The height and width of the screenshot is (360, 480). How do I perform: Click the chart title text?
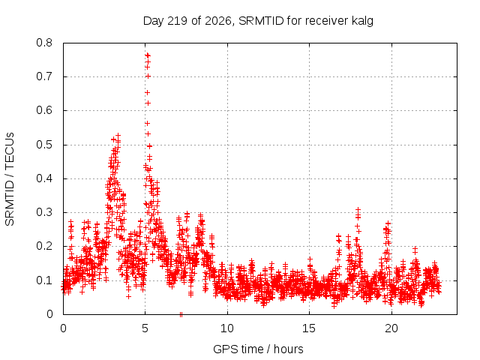pos(258,21)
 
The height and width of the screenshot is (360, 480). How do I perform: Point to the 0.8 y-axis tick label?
pos(44,43)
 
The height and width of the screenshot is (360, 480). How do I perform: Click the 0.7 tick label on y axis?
pos(44,76)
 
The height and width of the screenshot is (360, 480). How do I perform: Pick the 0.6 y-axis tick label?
pos(44,110)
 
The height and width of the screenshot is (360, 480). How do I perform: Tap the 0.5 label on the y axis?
pos(44,145)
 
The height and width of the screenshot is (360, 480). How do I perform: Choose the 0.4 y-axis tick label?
pos(44,178)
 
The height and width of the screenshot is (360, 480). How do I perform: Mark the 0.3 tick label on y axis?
pos(44,212)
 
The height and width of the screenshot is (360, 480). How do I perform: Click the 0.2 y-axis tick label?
pos(44,247)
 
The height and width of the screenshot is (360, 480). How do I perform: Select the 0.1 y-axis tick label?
pos(44,280)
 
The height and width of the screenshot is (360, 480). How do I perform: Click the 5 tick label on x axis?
pos(145,328)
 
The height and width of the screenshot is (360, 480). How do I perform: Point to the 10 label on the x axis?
pos(227,328)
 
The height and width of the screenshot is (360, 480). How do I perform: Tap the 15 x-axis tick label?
pos(309,328)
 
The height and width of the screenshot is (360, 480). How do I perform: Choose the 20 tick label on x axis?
pos(391,328)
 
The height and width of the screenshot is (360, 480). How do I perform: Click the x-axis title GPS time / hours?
pos(258,349)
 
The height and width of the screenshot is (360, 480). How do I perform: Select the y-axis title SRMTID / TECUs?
pos(10,179)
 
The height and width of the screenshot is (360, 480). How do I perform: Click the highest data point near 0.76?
pos(148,55)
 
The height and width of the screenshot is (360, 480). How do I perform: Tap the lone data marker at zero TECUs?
pos(181,314)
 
